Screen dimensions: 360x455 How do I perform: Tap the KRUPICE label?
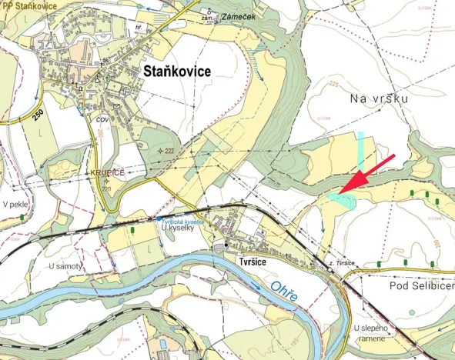pyautogui.click(x=106, y=172)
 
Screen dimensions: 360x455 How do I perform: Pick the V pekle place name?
pyautogui.click(x=16, y=205)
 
